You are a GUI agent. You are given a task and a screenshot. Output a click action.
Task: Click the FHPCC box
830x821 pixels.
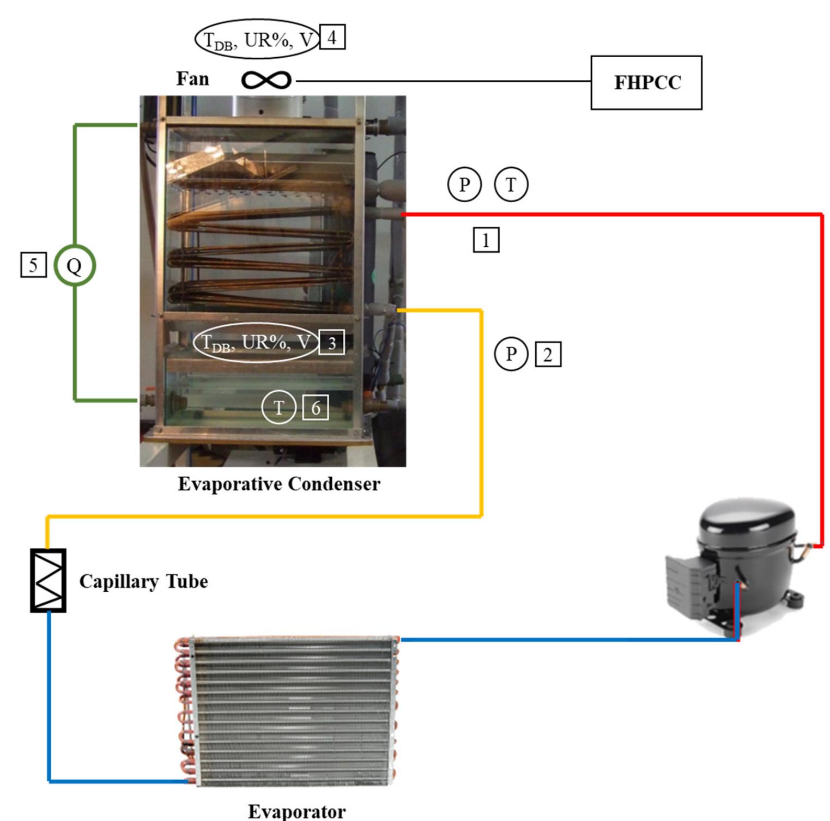646,83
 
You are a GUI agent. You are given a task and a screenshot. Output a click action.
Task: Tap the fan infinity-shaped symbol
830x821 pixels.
266,81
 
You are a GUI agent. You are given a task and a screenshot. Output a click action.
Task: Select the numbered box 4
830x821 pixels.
332,38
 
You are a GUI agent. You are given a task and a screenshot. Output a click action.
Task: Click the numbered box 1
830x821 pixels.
486,240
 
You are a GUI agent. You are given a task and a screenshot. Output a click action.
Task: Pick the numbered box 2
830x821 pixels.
548,355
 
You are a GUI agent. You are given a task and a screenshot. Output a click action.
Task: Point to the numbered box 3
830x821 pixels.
331,343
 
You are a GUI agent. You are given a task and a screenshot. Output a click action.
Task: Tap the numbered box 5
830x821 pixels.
33,265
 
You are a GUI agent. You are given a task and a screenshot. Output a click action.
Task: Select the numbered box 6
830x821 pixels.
316,408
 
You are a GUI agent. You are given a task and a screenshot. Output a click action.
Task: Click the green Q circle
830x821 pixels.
75,266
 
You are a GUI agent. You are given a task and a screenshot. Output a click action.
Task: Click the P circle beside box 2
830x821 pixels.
511,354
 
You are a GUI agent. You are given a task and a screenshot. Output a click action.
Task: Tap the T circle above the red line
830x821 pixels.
511,185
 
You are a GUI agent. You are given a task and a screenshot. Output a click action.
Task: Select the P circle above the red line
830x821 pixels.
464,185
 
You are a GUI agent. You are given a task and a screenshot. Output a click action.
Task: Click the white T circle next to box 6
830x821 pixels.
278,408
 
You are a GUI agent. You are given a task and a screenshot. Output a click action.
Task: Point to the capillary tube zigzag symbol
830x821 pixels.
48,580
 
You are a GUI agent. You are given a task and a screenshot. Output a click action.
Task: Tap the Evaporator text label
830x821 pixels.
296,811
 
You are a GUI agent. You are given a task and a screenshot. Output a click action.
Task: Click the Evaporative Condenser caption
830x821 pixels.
279,484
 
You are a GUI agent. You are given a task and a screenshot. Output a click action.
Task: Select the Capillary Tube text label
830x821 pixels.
143,581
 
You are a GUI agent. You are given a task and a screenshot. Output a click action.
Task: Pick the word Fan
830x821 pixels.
192,79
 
